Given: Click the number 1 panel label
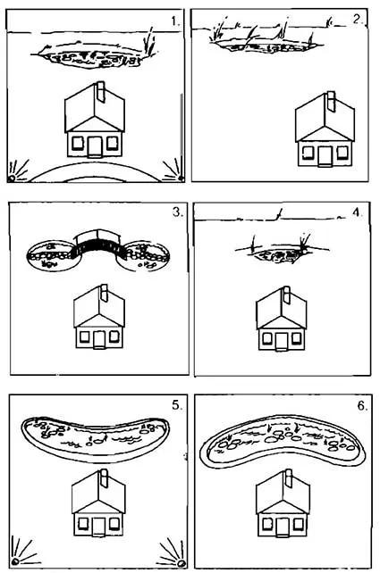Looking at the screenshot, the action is (x=175, y=21).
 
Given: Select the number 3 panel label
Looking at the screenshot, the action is (x=178, y=212).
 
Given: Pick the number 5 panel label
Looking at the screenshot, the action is (x=177, y=405).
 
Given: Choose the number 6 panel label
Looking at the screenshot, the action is (x=362, y=405).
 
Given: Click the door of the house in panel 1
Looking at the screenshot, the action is (x=95, y=146).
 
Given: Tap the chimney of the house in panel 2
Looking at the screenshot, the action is (x=331, y=101).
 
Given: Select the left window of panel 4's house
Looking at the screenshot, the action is (x=267, y=338).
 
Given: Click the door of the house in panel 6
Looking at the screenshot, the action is (x=282, y=527).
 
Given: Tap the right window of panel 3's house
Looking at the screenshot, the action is (x=114, y=336).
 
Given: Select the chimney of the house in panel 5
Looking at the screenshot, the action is (x=104, y=478).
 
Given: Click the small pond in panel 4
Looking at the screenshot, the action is (x=281, y=256).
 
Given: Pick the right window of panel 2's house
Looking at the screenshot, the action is (x=342, y=153).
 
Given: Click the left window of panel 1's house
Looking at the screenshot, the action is (x=78, y=143).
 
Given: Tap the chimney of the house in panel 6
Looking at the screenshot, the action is (x=288, y=478).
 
